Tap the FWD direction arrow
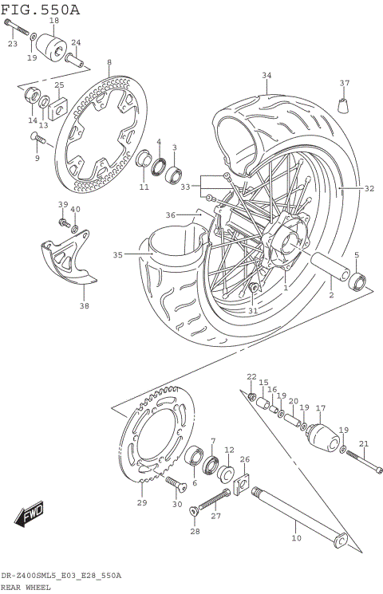pos(30,516)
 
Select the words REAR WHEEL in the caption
pos(26,587)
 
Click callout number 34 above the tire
pos(267,77)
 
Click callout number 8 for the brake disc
pos(109,62)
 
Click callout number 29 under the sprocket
pos(142,502)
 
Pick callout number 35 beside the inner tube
pos(117,255)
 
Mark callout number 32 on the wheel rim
pos(369,189)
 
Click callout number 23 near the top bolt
pos(12,44)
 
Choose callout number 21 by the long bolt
pos(364,444)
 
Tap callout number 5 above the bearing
pos(356,255)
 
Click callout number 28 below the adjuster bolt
pos(194,531)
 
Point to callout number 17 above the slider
pos(321,409)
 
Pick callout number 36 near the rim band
pos(170,214)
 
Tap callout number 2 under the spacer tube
pos(330,294)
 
